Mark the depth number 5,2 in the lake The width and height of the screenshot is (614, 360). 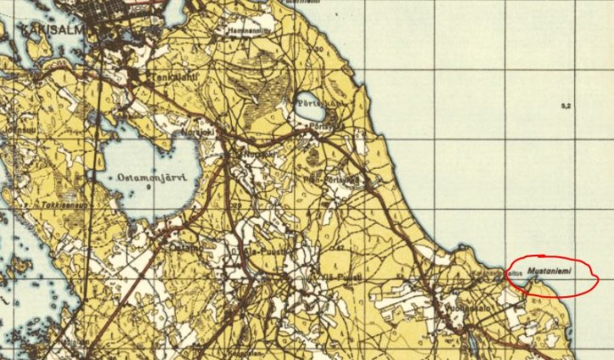pyautogui.click(x=566, y=105)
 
